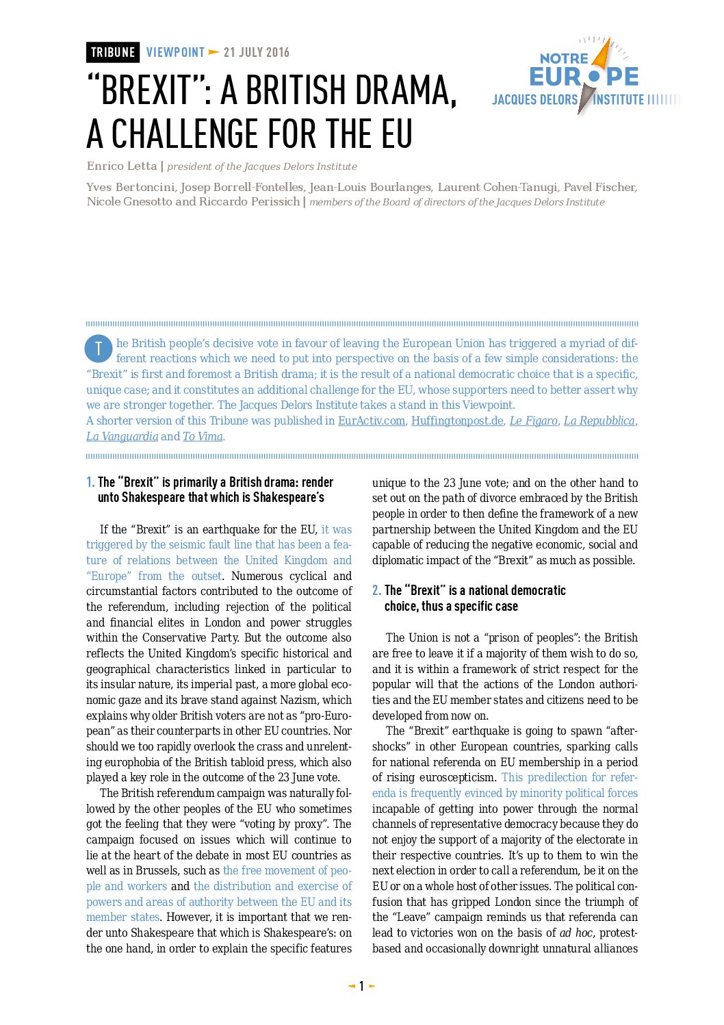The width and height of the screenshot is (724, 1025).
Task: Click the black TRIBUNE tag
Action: pos(113,53)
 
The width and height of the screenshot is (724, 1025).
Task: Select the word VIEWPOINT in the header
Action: pos(175,53)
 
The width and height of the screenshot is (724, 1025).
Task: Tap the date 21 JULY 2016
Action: pos(257,53)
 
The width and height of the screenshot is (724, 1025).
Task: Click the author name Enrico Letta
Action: pos(122,166)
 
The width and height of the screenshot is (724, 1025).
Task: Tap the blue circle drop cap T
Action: pos(99,349)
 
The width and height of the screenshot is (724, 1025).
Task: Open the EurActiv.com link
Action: pos(371,421)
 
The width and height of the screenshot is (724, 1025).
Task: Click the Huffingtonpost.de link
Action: pos(457,421)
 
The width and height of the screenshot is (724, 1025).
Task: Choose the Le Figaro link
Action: pos(533,421)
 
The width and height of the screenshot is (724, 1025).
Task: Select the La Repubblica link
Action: pos(599,421)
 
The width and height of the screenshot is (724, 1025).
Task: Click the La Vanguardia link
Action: pos(122,437)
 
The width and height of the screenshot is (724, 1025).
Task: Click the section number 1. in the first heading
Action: pos(90,483)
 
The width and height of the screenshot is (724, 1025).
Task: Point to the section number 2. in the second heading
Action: pos(376,591)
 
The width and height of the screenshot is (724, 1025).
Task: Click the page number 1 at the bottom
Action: pos(361,987)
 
